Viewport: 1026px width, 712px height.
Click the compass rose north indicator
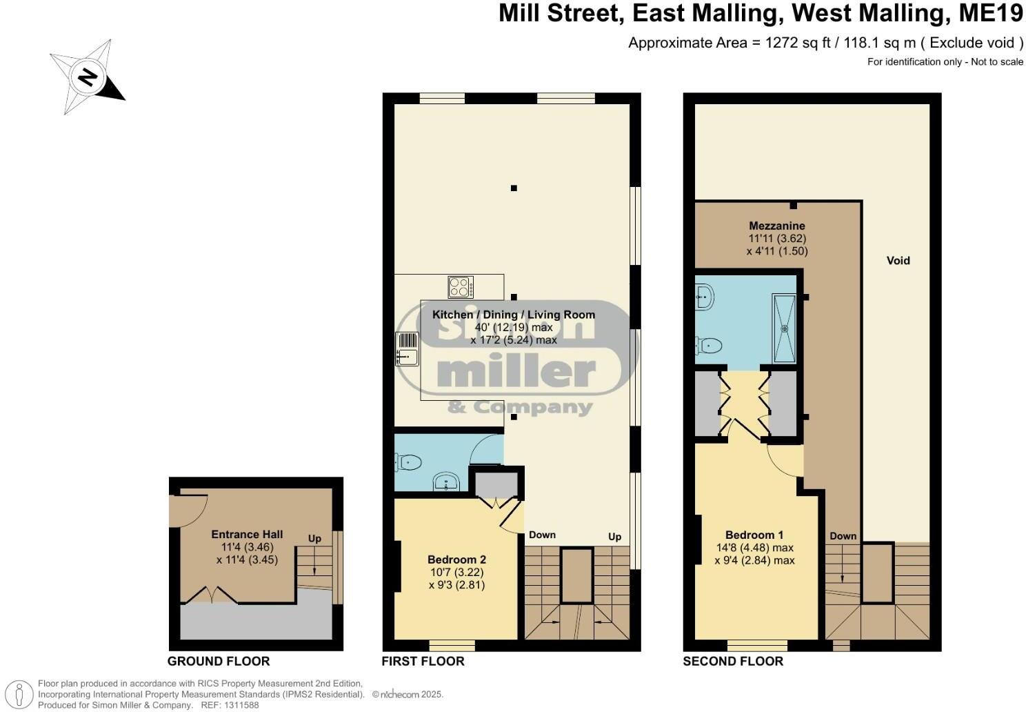pyautogui.click(x=87, y=76)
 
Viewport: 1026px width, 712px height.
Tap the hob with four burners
pyautogui.click(x=460, y=286)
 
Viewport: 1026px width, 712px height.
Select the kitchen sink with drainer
pyautogui.click(x=407, y=348)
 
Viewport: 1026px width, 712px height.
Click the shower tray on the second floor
pyautogui.click(x=784, y=328)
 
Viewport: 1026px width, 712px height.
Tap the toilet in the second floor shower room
pyautogui.click(x=709, y=344)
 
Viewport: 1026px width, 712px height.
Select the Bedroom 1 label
pyautogui.click(x=754, y=535)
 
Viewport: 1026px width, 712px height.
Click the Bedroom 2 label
pyautogui.click(x=456, y=560)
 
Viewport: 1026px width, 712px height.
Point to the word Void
pyautogui.click(x=898, y=261)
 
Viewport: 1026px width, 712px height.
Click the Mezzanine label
pyautogui.click(x=777, y=226)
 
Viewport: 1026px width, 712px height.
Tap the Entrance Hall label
pyautogui.click(x=247, y=534)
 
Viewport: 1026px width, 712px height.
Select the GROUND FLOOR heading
pyautogui.click(x=219, y=661)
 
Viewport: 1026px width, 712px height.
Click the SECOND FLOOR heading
pyautogui.click(x=733, y=661)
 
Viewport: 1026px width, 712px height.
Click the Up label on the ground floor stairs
pyautogui.click(x=314, y=539)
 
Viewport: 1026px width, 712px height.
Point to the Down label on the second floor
pyautogui.click(x=843, y=536)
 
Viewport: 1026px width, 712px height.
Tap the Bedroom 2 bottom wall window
pyautogui.click(x=452, y=646)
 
